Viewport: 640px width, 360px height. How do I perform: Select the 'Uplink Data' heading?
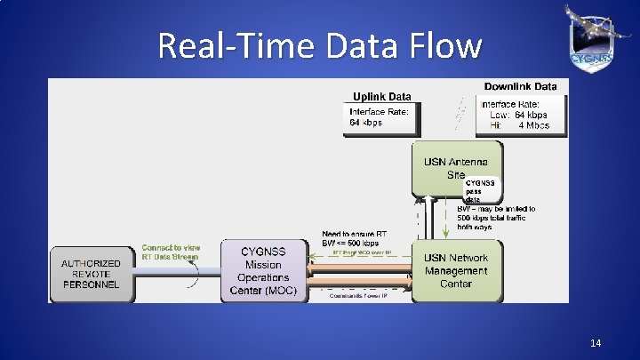pos(381,96)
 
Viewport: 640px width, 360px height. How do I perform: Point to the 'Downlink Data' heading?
pos(520,86)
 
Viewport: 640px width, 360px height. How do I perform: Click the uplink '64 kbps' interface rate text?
pos(365,123)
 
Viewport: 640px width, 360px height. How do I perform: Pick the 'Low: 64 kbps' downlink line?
pos(518,115)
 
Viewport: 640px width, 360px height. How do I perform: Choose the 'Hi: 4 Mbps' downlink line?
pos(519,125)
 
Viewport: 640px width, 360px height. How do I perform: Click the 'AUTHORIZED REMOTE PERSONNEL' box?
pos(92,275)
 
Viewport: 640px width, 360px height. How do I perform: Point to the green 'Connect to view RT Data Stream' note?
pos(171,252)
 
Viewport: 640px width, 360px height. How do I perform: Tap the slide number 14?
pos(595,342)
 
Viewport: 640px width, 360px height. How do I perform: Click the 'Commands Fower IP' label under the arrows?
pos(361,297)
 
